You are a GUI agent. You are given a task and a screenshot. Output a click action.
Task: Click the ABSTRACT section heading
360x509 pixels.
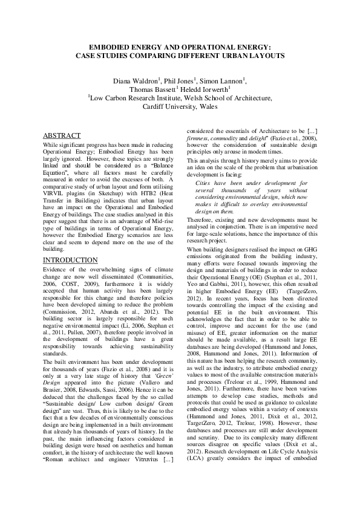[65, 135]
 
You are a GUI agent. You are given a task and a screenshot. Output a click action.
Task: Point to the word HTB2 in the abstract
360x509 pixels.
[147, 188]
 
